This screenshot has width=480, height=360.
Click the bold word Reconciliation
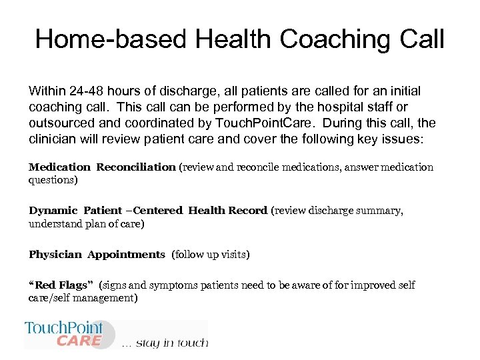pos(136,167)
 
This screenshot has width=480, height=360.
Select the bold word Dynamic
pos(53,211)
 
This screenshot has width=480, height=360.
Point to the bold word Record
pos(247,211)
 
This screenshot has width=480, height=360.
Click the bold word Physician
pos(55,254)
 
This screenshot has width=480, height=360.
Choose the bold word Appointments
pos(126,254)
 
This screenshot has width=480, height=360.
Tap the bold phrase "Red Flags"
pos(61,285)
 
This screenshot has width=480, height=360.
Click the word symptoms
pos(177,285)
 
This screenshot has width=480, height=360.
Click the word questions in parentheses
pos(53,180)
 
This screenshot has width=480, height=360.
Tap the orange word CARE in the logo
pos(79,341)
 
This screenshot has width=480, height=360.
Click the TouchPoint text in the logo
pos(64,328)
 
